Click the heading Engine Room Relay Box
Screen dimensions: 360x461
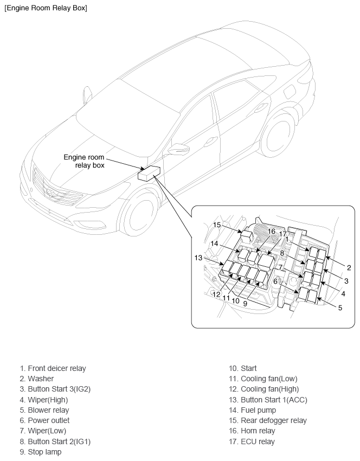tap(46, 8)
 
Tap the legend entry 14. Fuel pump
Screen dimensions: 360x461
tap(253, 410)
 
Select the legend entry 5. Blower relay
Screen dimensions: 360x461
tap(44, 410)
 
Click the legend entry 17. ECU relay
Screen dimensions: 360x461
tap(252, 441)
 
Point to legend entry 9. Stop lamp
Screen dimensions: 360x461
tap(41, 452)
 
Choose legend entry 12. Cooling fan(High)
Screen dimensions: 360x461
tap(264, 389)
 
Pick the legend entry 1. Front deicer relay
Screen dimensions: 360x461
tap(53, 368)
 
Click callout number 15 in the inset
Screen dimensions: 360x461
tap(217, 225)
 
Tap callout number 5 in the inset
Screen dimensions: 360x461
tap(340, 308)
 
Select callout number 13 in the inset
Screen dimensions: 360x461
tap(198, 258)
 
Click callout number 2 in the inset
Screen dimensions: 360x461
tap(349, 267)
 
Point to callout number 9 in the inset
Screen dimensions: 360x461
tap(245, 304)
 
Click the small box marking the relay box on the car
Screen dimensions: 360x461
tap(149, 173)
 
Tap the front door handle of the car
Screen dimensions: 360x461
tap(210, 142)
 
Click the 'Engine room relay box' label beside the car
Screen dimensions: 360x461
tap(84, 161)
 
